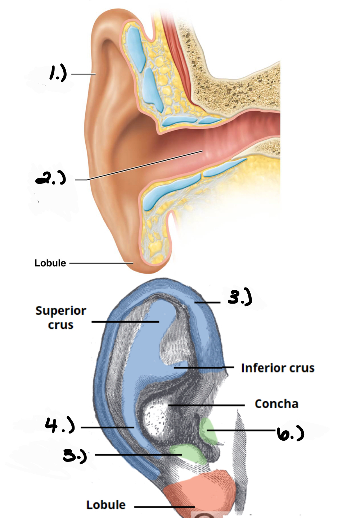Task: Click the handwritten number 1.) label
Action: [58, 73]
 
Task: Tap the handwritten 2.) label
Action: [51, 178]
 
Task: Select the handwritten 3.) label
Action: [240, 297]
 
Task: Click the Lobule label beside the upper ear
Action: [50, 263]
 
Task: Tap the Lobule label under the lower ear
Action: [106, 505]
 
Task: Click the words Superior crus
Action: [61, 317]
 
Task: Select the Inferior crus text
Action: [278, 368]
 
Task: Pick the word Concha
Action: [276, 404]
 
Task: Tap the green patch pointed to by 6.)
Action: [208, 430]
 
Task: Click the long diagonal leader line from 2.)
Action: [144, 166]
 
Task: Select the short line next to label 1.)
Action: [83, 74]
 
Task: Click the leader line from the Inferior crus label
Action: [203, 368]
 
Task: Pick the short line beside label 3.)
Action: [207, 303]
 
